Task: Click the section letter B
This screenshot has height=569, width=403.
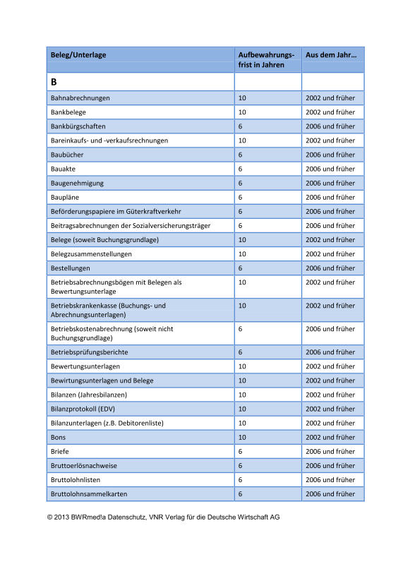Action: tap(54, 83)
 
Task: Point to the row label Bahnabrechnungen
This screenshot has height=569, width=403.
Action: tap(80, 98)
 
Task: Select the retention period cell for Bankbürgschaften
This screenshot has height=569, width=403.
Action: tap(241, 126)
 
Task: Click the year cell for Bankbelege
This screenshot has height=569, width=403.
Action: tap(330, 112)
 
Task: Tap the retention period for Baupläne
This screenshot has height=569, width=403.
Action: tap(241, 197)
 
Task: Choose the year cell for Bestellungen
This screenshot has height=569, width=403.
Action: tap(330, 268)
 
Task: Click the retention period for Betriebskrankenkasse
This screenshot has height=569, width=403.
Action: tap(242, 306)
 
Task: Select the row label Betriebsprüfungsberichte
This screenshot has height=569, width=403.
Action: tap(90, 352)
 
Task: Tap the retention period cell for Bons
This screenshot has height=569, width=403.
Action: tap(242, 437)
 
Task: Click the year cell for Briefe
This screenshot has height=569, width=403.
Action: tap(330, 451)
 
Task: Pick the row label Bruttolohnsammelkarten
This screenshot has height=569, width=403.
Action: tap(90, 493)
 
